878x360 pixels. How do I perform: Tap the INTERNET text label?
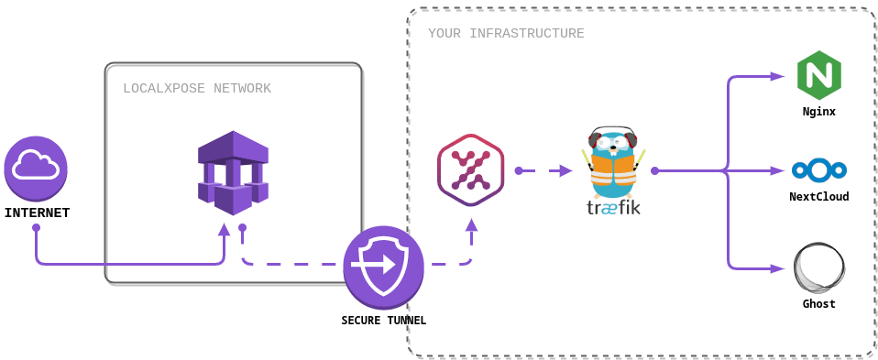[37, 213]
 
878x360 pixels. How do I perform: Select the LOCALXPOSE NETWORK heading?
[197, 89]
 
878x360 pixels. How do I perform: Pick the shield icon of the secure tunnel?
[383, 266]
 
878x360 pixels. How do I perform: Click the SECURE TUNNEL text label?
[383, 321]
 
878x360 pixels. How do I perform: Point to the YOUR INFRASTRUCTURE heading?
[506, 34]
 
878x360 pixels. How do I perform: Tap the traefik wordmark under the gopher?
[613, 208]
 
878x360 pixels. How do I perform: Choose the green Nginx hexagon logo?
[818, 76]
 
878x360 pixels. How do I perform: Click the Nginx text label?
[818, 112]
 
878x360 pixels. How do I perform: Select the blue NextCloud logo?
[818, 170]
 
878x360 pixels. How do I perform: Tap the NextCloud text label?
[818, 196]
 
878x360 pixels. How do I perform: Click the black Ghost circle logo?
[818, 269]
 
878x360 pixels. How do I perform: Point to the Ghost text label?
[818, 304]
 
